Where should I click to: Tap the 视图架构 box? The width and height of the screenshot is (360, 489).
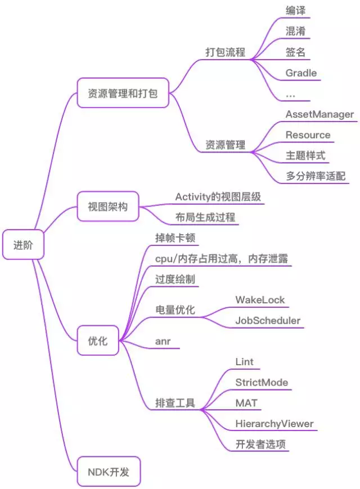click(x=107, y=207)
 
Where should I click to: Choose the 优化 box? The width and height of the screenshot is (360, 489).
click(x=98, y=340)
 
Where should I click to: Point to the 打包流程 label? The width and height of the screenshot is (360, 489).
click(x=225, y=52)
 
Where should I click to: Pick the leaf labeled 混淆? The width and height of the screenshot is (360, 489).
click(x=295, y=32)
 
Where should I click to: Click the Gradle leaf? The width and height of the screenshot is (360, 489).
click(x=301, y=73)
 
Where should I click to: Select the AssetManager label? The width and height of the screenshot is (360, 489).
click(x=319, y=115)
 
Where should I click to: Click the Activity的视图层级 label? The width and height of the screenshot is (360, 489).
click(x=218, y=197)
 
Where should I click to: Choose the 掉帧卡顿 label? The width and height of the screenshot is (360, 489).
click(x=175, y=237)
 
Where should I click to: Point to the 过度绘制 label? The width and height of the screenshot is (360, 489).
click(x=175, y=279)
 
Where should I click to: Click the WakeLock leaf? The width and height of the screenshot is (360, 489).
click(x=260, y=300)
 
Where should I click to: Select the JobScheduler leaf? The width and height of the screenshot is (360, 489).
click(x=268, y=321)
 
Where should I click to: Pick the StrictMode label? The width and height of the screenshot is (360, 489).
click(x=262, y=383)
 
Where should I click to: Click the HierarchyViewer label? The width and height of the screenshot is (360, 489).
click(x=274, y=424)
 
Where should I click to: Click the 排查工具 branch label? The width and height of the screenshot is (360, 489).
click(x=175, y=403)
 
